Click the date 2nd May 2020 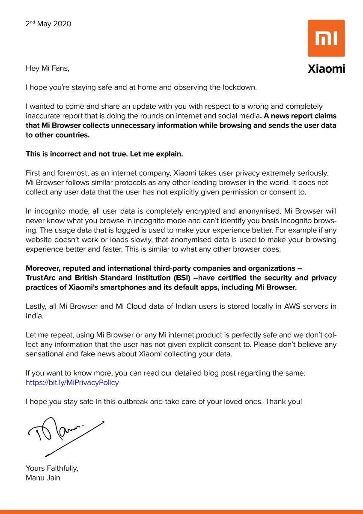click(x=48, y=24)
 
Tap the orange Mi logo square click(x=326, y=38)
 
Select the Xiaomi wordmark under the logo click(x=326, y=69)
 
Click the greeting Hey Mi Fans click(x=47, y=68)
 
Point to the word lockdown click(x=240, y=87)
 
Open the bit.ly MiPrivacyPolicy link click(x=72, y=383)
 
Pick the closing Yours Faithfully click(x=52, y=468)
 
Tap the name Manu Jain click(x=43, y=478)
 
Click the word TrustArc click(x=42, y=278)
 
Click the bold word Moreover click(x=43, y=269)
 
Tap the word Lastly click(x=37, y=306)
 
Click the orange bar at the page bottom click(x=181, y=511)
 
